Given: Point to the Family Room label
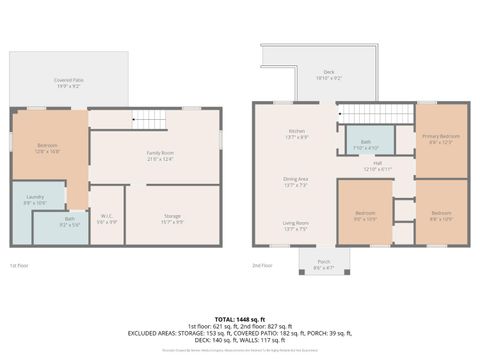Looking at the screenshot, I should [x=160, y=155].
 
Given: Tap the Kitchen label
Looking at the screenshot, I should [x=296, y=133].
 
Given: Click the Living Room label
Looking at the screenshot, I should [x=296, y=225].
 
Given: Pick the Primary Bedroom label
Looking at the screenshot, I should [x=440, y=138].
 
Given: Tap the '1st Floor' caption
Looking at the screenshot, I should [x=19, y=266].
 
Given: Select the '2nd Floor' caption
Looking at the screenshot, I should [x=263, y=266].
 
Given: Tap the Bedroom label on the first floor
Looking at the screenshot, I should [x=46, y=146].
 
